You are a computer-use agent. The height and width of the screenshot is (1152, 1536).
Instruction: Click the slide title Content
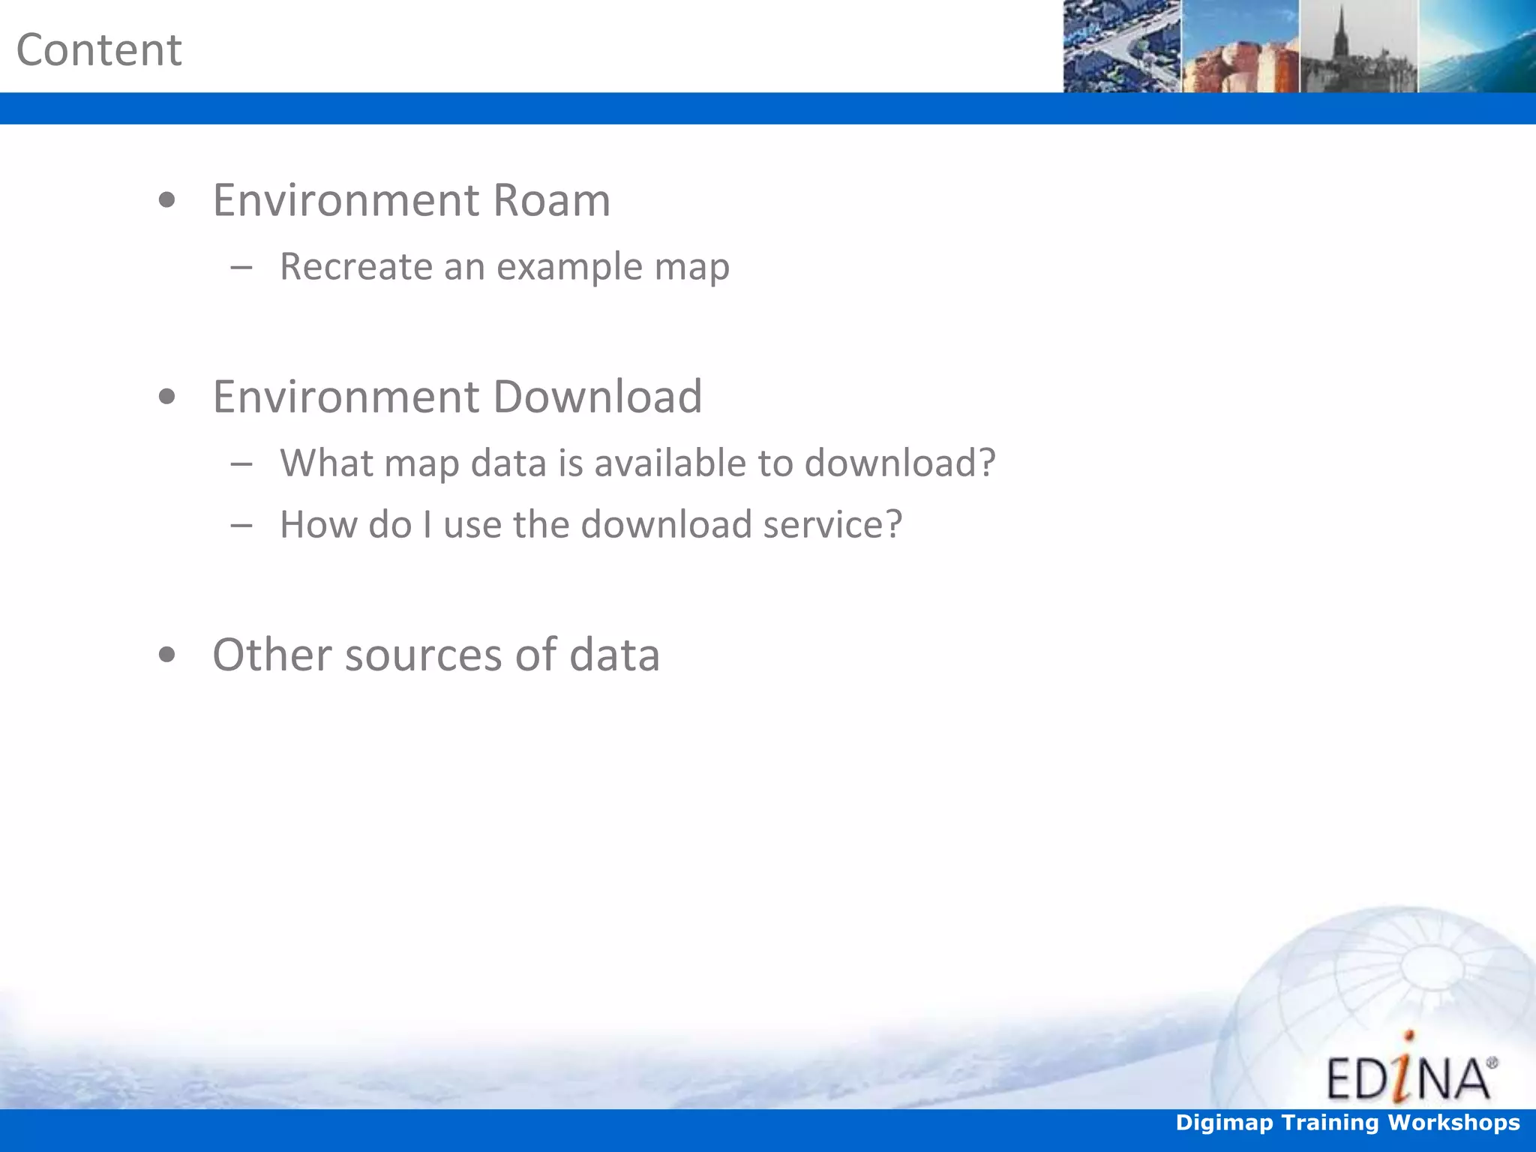[99, 50]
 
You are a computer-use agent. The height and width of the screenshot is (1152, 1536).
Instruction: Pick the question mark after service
[893, 523]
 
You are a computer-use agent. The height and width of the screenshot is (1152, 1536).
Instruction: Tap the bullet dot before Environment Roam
[167, 200]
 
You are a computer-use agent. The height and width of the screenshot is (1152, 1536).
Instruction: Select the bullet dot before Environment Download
[167, 397]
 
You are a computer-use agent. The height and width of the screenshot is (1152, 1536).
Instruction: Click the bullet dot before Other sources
[167, 655]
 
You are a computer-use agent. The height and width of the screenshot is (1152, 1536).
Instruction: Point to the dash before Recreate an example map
[241, 267]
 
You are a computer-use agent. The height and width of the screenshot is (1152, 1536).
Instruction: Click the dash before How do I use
[241, 525]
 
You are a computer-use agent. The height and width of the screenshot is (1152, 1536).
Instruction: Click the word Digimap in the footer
[1224, 1123]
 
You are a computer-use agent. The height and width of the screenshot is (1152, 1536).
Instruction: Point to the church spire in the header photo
[1340, 34]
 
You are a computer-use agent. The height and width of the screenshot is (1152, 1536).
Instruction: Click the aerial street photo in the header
[1122, 46]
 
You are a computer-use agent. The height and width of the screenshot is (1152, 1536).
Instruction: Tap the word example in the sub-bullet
[569, 266]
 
